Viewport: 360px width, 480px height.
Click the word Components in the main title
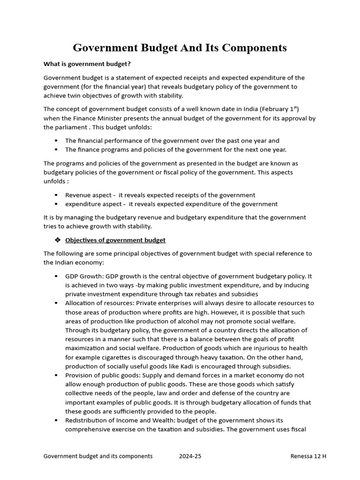253,48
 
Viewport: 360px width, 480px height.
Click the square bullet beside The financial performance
56,141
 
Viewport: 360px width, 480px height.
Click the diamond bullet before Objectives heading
57,240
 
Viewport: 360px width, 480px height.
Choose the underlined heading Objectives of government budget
115,240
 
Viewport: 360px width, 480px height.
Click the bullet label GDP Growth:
85,277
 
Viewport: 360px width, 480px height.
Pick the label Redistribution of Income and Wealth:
123,420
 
